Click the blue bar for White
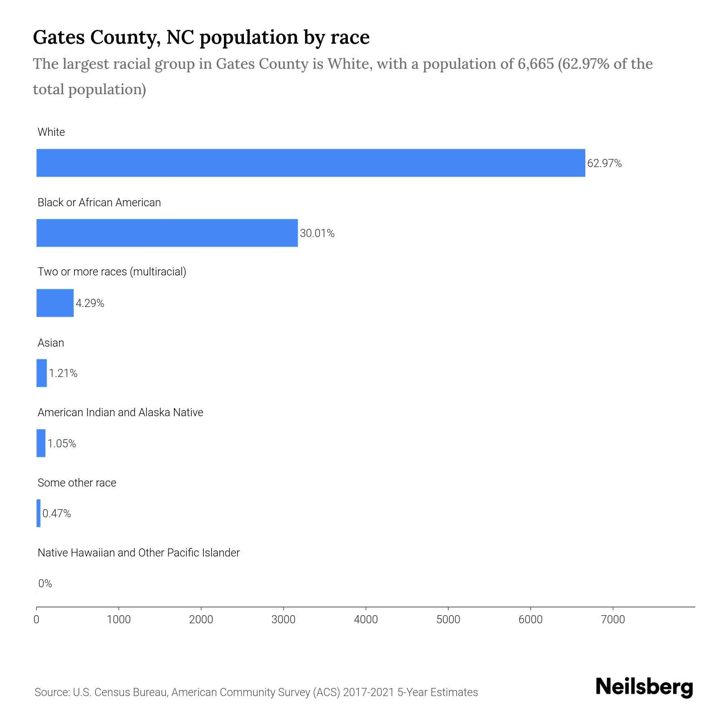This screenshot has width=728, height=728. click(x=311, y=163)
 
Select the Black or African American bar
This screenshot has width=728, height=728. click(x=167, y=233)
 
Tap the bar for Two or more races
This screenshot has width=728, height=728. click(x=55, y=303)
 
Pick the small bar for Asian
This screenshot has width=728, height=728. click(x=42, y=373)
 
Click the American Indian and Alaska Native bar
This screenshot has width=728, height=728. click(x=41, y=443)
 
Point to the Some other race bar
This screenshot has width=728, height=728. click(x=38, y=513)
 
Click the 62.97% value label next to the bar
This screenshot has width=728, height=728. click(x=604, y=163)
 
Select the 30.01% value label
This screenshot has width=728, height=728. click(x=317, y=233)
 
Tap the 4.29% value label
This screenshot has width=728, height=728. click(x=90, y=303)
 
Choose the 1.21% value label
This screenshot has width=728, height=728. click(x=63, y=373)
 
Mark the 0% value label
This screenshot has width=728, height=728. click(x=45, y=584)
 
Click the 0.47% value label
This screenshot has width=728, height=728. click(x=57, y=514)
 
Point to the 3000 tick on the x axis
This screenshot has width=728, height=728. click(x=284, y=620)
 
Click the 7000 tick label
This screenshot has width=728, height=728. click(x=613, y=620)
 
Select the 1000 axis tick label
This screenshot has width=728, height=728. click(x=119, y=620)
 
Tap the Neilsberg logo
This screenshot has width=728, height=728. click(x=644, y=687)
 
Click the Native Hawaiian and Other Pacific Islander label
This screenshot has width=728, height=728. click(x=138, y=553)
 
